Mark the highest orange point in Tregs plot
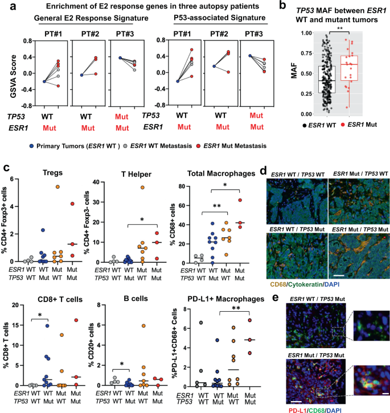[x=58, y=187]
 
